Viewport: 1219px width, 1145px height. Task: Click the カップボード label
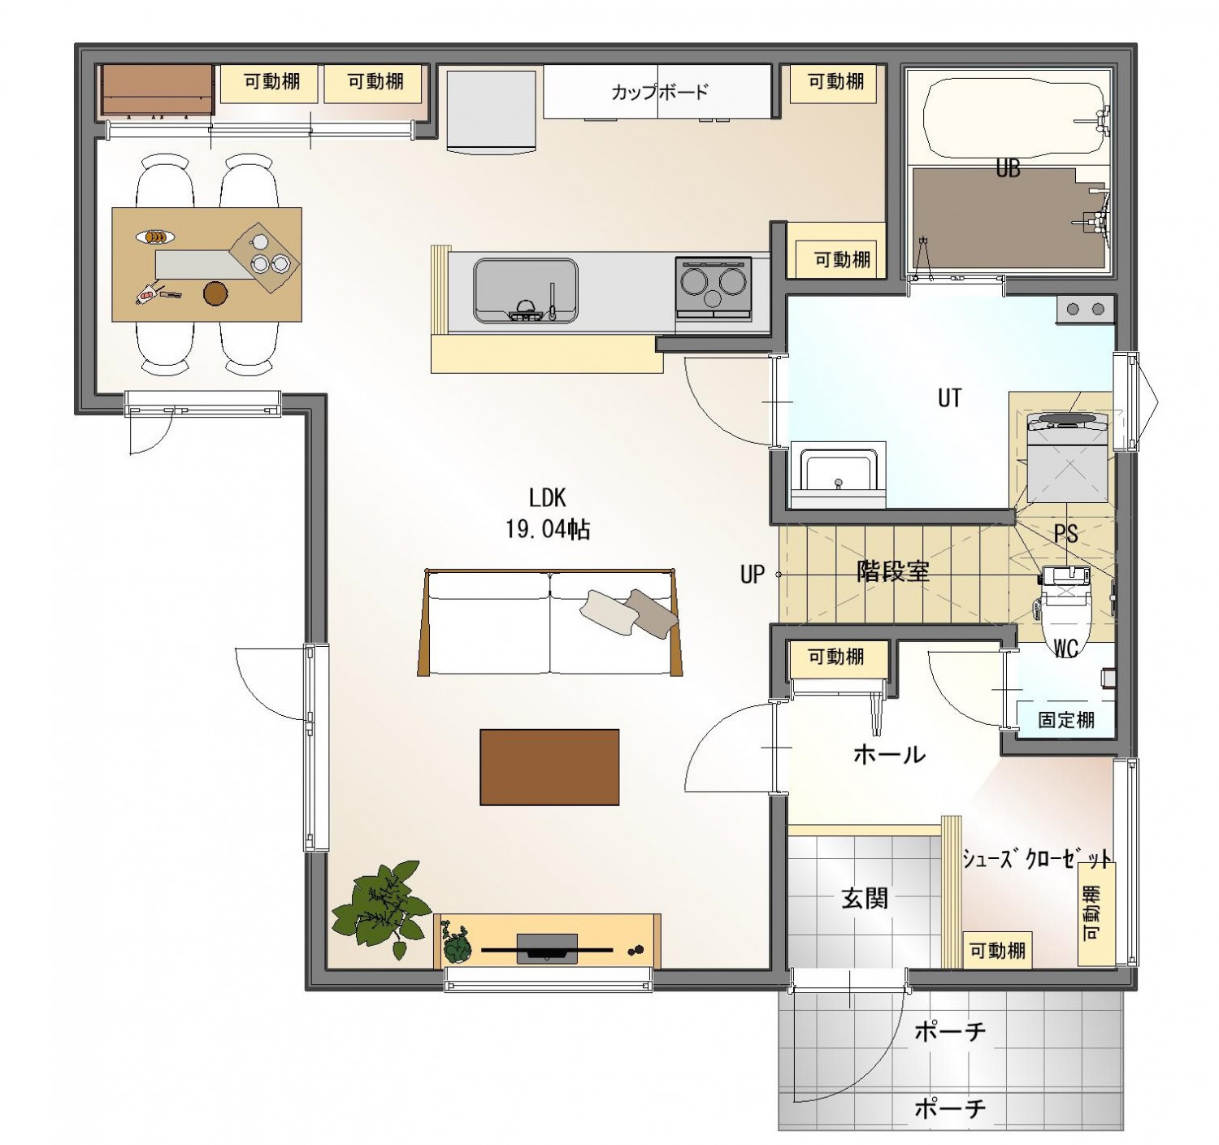click(x=660, y=92)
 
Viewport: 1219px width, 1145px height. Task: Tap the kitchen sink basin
click(x=526, y=290)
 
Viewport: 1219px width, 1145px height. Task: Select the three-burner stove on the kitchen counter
click(x=714, y=288)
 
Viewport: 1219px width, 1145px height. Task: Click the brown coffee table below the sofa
click(x=549, y=767)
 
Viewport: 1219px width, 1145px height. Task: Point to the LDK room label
click(x=547, y=498)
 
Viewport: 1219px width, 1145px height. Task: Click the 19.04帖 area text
click(x=548, y=529)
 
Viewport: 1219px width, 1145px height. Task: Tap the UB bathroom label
click(x=1008, y=168)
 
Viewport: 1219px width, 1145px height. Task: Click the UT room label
click(x=949, y=398)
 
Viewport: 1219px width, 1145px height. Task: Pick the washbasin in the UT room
click(x=839, y=471)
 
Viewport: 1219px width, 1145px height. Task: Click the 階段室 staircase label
click(x=893, y=571)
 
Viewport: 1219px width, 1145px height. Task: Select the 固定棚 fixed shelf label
click(x=1066, y=719)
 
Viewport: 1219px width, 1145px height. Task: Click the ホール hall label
click(x=889, y=755)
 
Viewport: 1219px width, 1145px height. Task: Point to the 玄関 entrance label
click(x=865, y=899)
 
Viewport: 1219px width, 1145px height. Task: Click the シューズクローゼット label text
click(x=1037, y=857)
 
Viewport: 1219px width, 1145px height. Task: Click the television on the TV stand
click(x=547, y=949)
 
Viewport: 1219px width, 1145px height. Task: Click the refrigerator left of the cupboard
click(x=492, y=111)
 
